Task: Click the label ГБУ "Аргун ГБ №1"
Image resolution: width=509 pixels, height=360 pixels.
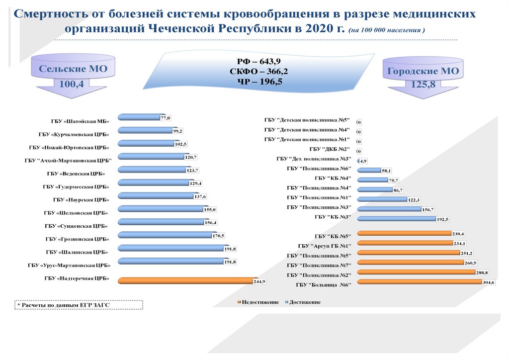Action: pos(325,246)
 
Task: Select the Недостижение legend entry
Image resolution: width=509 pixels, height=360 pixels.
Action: pos(258,302)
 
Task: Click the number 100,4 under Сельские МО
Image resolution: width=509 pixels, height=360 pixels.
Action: pos(72,85)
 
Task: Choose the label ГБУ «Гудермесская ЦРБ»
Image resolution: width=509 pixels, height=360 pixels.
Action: pos(76,187)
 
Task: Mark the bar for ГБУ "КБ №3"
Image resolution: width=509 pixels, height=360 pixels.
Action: pos(397,218)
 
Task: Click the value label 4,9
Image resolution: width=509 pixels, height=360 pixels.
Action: pos(363,161)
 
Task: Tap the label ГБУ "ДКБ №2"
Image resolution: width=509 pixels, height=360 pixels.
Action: pos(330,149)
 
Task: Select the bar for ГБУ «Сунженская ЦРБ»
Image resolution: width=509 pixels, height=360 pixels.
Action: pos(163,221)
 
